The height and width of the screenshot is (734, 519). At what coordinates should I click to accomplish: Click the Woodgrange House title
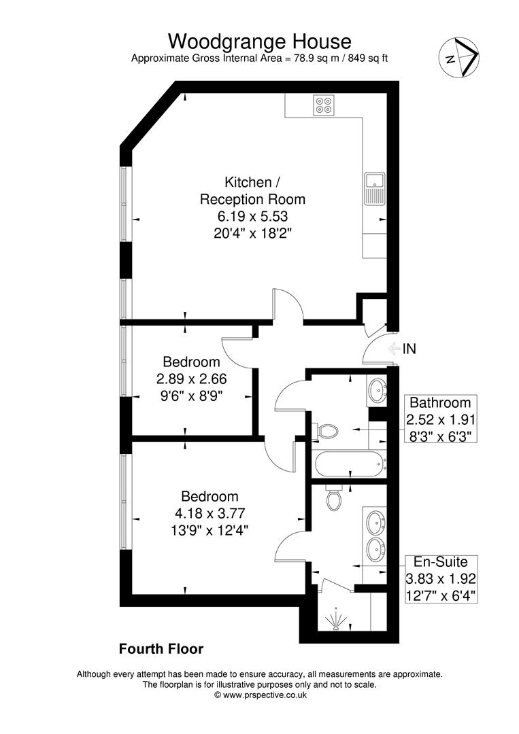[x=259, y=41]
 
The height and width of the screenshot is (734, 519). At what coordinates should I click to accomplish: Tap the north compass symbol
[x=458, y=55]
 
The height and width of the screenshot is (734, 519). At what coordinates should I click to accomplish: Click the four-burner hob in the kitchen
[x=323, y=105]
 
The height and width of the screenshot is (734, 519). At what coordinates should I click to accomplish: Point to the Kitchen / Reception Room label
[x=252, y=191]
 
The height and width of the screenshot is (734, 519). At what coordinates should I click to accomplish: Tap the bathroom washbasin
[x=376, y=391]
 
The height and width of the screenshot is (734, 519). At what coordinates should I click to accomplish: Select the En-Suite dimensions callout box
[x=441, y=579]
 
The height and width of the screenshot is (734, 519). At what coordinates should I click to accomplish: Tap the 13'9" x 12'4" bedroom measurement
[x=210, y=529]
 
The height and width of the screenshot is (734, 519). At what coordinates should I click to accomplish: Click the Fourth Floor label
[x=161, y=649]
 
